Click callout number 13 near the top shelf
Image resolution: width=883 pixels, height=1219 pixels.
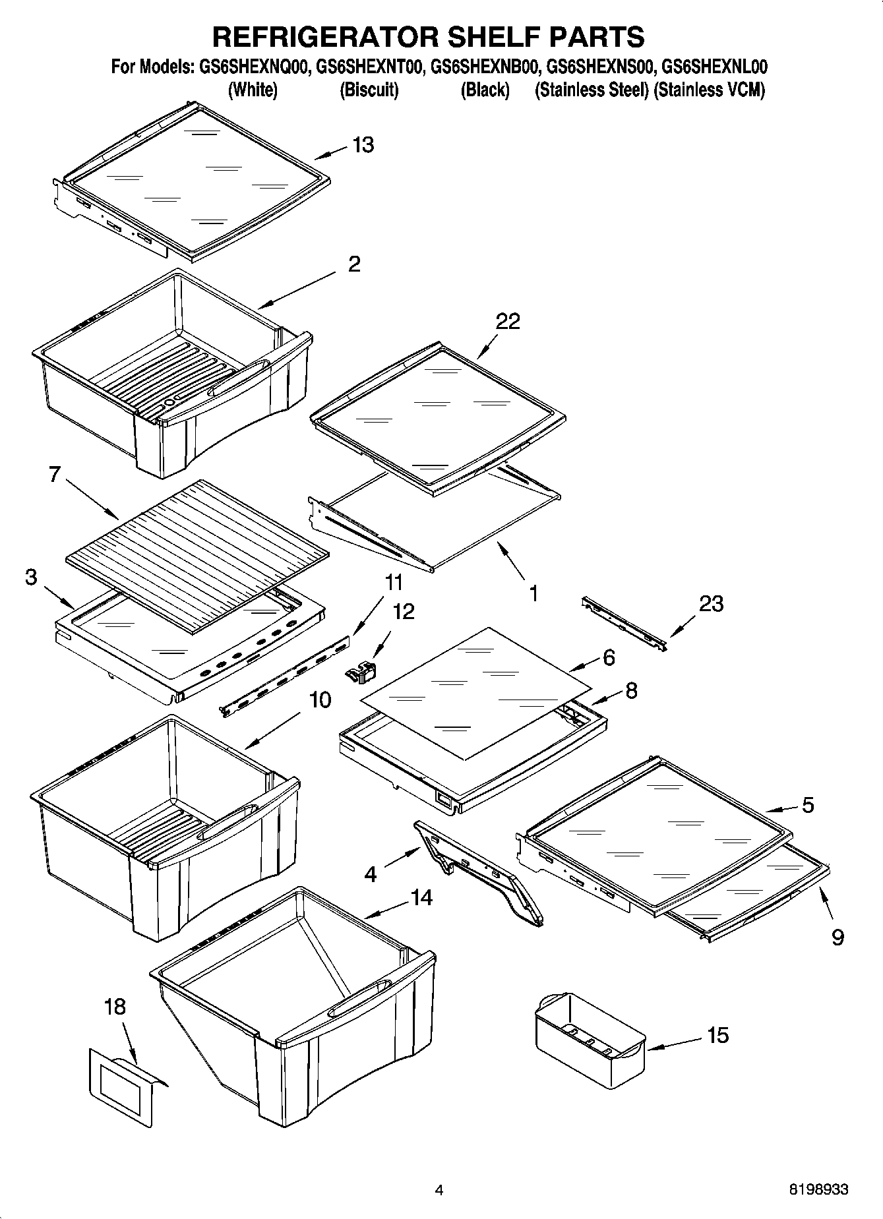tap(363, 145)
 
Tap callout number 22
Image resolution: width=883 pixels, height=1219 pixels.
tap(508, 321)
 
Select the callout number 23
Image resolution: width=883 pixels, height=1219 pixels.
tap(711, 603)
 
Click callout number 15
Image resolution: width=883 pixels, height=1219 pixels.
tap(717, 1035)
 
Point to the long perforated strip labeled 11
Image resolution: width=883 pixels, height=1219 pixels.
tap(287, 676)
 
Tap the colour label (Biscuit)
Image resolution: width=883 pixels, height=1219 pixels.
tap(369, 90)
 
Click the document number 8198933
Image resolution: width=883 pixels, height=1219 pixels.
tap(818, 1190)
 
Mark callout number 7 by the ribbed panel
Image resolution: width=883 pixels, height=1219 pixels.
tap(55, 474)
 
